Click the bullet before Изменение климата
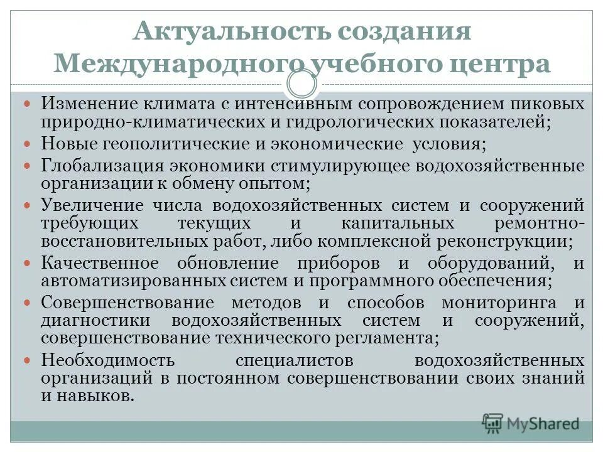(26, 102)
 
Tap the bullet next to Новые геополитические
(26, 144)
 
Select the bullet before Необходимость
(26, 360)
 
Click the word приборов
(342, 263)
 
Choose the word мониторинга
(499, 303)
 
